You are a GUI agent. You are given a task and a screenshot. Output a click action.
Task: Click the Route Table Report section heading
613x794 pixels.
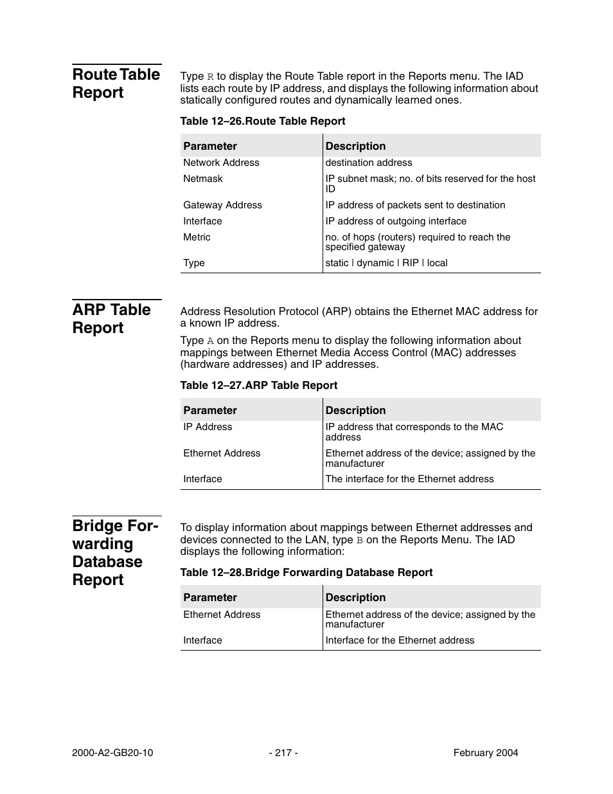(116, 83)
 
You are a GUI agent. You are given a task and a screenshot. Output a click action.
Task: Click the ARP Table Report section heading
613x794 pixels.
(111, 318)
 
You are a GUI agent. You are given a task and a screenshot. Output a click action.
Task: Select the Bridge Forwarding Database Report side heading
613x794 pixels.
(115, 552)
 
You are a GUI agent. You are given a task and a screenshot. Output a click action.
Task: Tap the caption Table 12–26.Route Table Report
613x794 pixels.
(262, 121)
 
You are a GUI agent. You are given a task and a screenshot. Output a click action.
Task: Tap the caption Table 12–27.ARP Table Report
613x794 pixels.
(258, 385)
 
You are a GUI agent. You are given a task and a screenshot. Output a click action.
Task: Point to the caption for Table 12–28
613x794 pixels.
(306, 572)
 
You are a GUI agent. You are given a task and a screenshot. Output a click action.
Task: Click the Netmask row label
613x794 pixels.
(202, 179)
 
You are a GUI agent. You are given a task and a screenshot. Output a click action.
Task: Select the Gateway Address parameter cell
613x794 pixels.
(222, 205)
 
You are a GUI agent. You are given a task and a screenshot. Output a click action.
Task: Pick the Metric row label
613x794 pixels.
(197, 237)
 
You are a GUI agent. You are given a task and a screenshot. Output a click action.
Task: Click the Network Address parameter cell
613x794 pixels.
(221, 163)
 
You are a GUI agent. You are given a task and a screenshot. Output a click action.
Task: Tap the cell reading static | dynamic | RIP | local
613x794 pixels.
(386, 263)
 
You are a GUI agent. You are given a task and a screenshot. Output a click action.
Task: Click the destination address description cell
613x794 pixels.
(368, 163)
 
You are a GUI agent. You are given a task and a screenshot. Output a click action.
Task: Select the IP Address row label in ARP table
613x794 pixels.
(208, 427)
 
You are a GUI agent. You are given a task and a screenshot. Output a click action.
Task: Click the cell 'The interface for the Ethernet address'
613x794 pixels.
(409, 479)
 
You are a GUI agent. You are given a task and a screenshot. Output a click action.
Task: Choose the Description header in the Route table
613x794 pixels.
(355, 146)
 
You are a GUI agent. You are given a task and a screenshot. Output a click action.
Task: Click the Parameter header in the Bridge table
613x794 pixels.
(209, 597)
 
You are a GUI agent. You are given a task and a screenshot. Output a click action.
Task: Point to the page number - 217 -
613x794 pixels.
(283, 753)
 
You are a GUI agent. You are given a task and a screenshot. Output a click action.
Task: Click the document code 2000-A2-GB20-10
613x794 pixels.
(112, 753)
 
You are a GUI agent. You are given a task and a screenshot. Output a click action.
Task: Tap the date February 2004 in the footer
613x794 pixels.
(485, 753)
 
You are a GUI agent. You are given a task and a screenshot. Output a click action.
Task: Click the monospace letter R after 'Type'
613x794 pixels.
(210, 77)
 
